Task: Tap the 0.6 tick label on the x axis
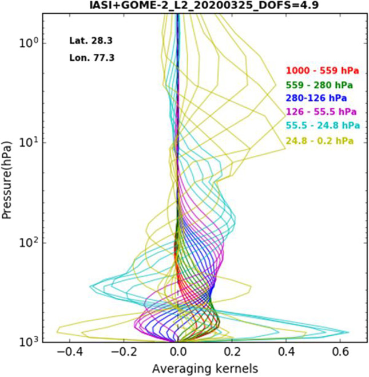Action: point(340,352)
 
